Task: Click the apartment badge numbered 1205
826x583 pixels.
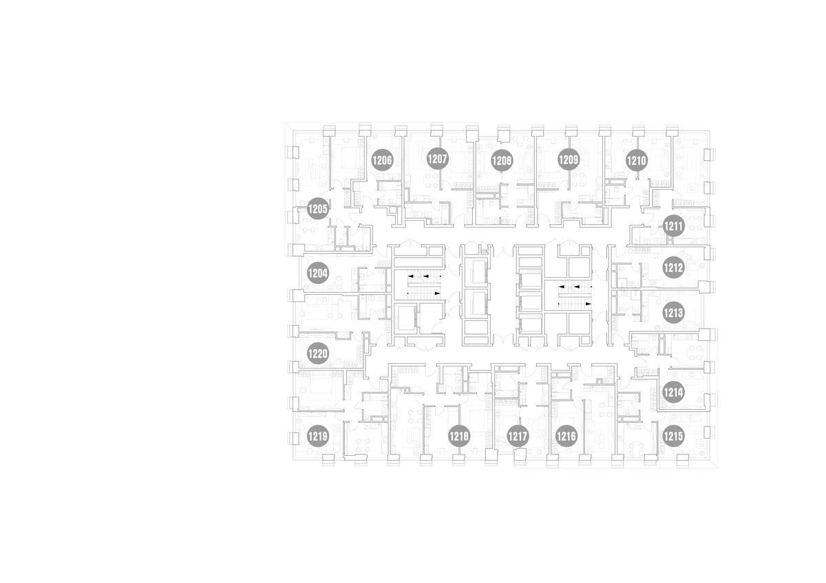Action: [x=318, y=209]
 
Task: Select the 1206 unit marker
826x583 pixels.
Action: [x=382, y=160]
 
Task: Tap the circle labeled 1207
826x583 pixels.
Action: [x=438, y=159]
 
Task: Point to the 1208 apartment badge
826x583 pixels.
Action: [x=502, y=161]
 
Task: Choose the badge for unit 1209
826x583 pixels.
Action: [x=569, y=159]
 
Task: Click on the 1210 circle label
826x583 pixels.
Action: [x=637, y=161]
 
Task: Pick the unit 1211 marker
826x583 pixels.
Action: [x=674, y=225]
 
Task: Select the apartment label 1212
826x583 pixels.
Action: [x=673, y=267]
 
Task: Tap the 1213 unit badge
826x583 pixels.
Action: [x=673, y=313]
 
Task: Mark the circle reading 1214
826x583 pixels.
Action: [x=673, y=393]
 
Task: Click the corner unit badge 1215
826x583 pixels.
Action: [x=673, y=437]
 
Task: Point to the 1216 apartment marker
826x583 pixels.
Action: [x=566, y=437]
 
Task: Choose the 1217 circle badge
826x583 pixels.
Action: [x=518, y=437]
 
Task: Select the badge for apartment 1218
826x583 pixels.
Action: [x=459, y=437]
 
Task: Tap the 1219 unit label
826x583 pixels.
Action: [x=318, y=437]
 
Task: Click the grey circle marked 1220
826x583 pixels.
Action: [x=318, y=353]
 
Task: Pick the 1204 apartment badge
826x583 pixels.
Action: [x=318, y=273]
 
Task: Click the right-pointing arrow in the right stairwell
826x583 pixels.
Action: [x=588, y=304]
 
